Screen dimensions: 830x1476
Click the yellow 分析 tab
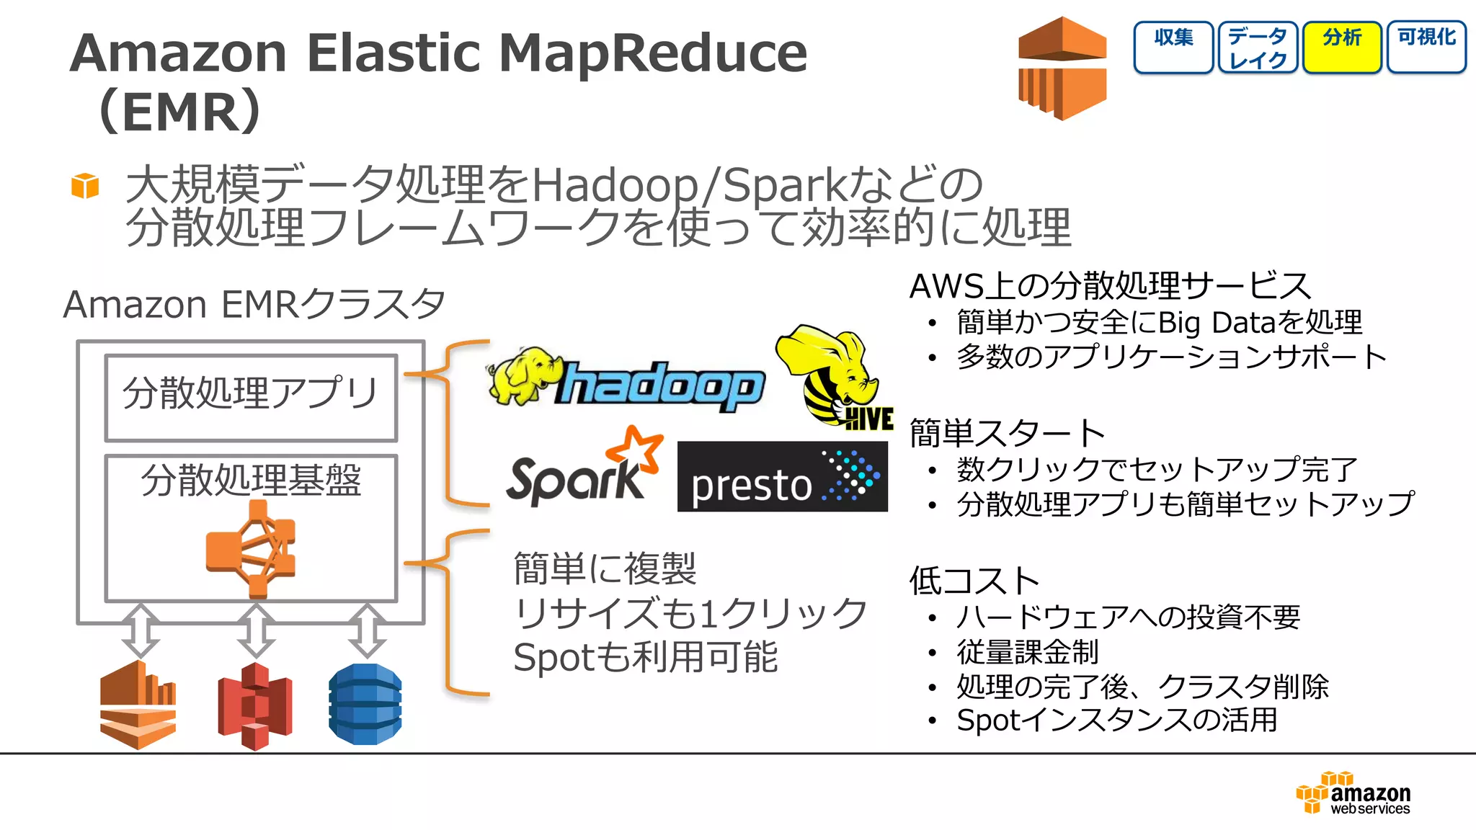(1342, 47)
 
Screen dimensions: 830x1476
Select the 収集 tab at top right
(1173, 47)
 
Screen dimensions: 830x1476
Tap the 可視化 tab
(1426, 47)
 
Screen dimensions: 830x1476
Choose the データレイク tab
(1258, 47)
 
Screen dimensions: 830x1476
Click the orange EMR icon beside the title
(1062, 68)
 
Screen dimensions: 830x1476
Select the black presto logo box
(782, 477)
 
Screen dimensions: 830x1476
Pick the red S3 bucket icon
(255, 706)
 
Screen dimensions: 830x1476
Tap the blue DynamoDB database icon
(365, 705)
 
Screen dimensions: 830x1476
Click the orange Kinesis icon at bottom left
(138, 705)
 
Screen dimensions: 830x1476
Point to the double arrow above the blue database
(367, 630)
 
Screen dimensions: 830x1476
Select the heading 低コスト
(974, 581)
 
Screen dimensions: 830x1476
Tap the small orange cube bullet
(85, 186)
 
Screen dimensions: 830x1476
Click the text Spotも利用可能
(645, 657)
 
